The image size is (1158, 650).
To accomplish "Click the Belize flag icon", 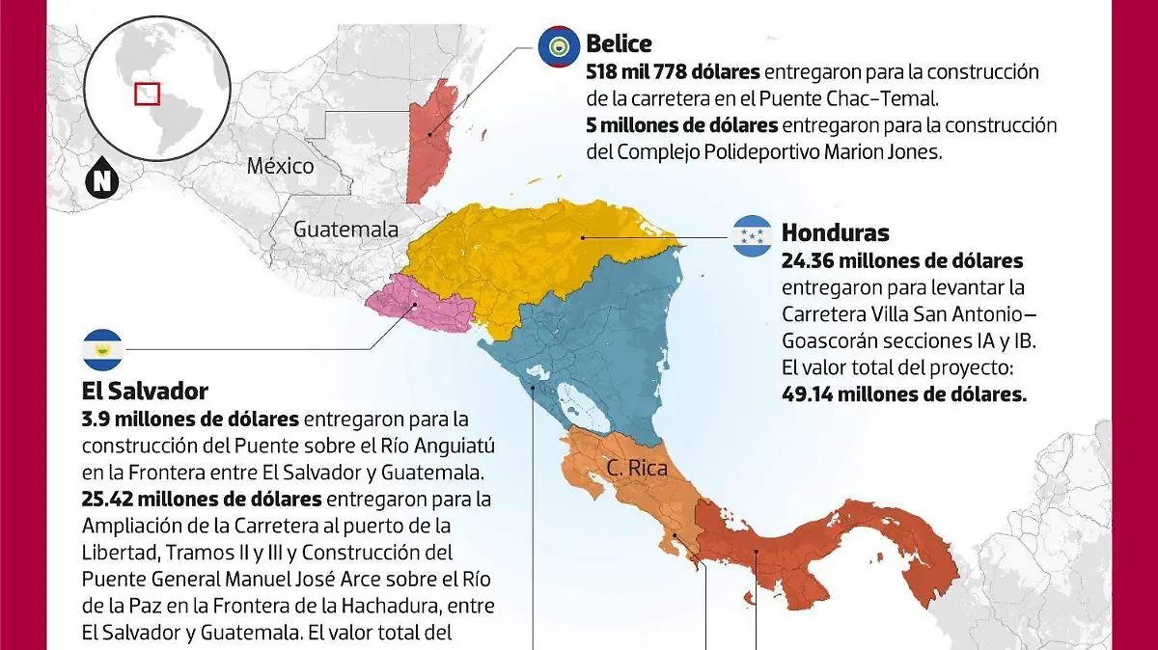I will (x=558, y=45).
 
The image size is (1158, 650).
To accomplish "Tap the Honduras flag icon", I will (x=752, y=236).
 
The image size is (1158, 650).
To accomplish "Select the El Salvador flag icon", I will (x=102, y=350).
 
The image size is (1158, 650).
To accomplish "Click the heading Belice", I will (x=619, y=43).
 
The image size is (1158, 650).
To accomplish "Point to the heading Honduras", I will (x=835, y=232).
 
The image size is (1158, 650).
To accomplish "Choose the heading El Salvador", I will (x=145, y=391).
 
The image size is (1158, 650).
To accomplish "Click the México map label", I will (x=280, y=166).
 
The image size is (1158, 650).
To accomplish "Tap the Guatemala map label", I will (x=345, y=230).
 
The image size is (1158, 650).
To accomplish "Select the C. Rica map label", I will (x=637, y=469).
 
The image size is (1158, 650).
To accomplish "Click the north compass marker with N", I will (x=102, y=180).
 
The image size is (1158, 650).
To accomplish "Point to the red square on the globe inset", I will (x=147, y=94).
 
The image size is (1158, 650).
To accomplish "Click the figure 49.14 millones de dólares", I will (x=903, y=394).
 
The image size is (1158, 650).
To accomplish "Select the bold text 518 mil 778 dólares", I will (x=673, y=72).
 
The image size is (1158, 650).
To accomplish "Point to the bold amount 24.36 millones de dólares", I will (x=902, y=260).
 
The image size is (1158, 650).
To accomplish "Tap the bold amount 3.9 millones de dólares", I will (x=192, y=420).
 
